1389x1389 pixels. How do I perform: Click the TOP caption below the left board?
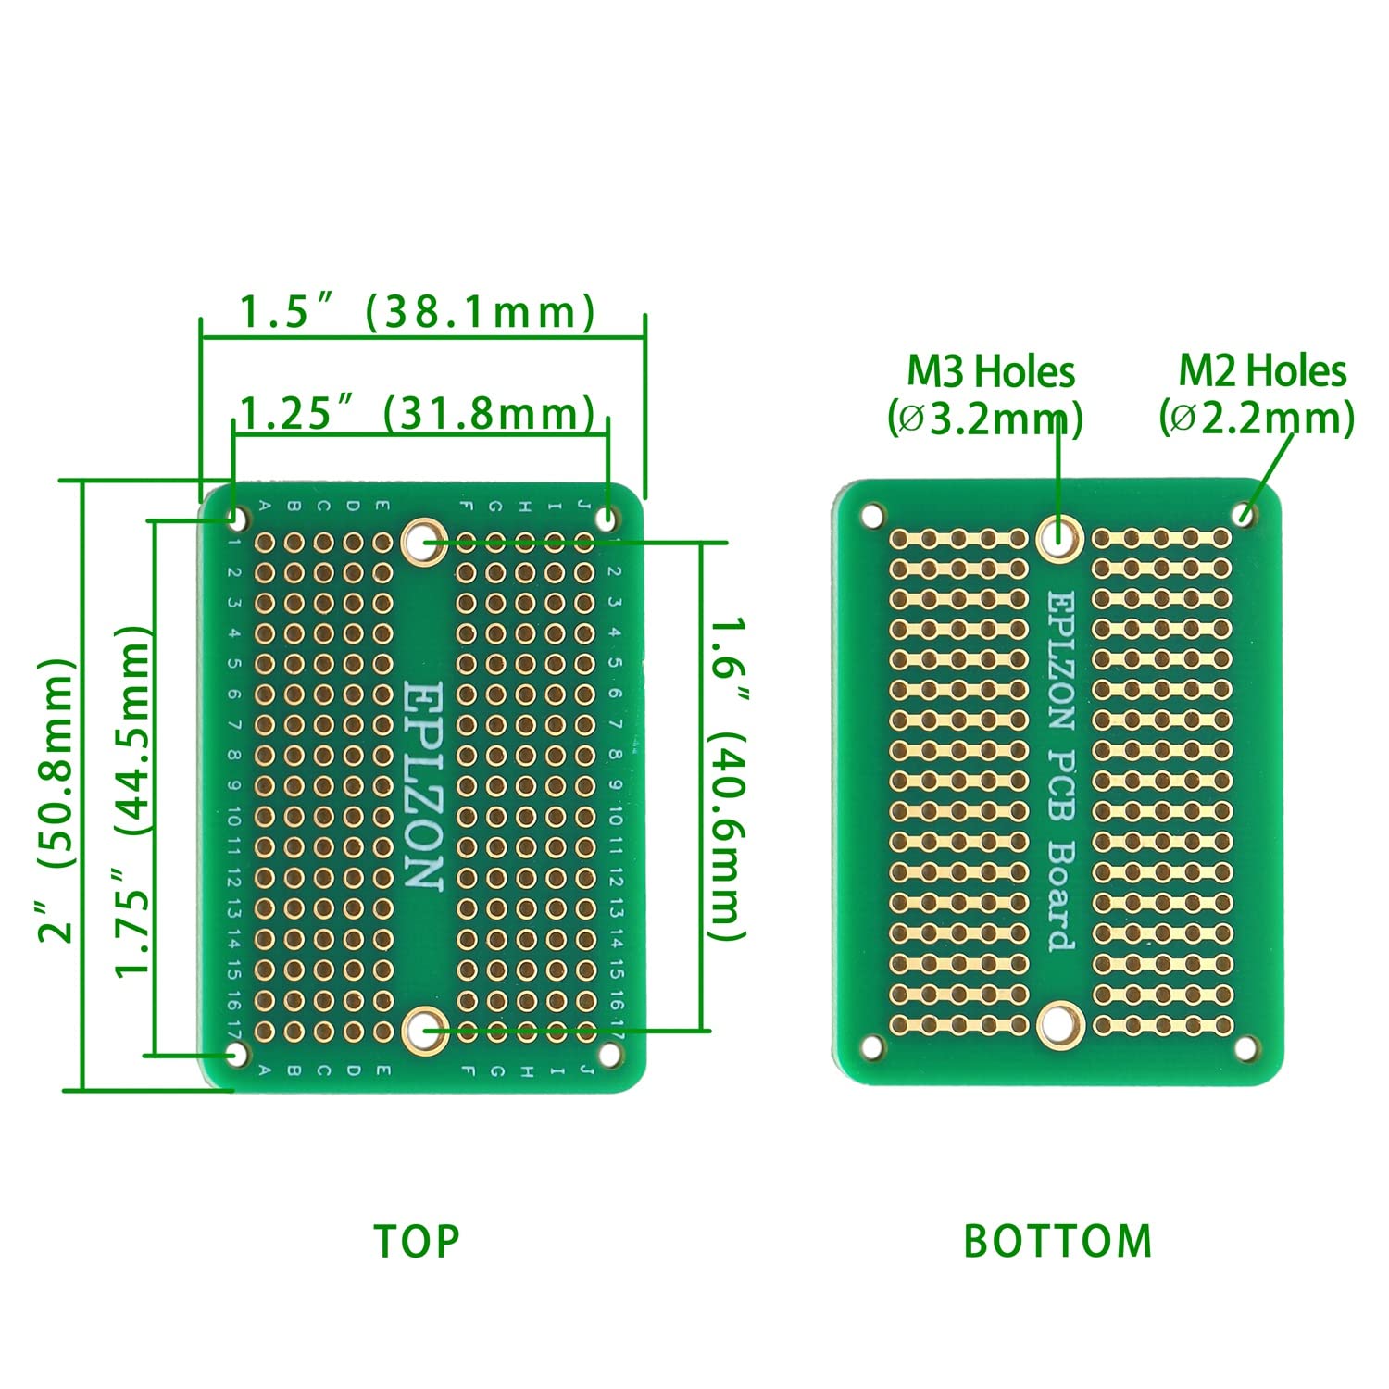pyautogui.click(x=417, y=1241)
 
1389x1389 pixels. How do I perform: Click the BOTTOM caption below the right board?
pyautogui.click(x=1057, y=1241)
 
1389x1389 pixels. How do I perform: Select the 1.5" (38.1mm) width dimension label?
pyautogui.click(x=417, y=312)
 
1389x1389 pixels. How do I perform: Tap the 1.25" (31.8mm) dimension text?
pyautogui.click(x=417, y=413)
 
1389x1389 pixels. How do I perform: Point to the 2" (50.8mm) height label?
pyautogui.click(x=56, y=801)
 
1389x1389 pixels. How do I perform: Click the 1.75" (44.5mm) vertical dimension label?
pyautogui.click(x=131, y=801)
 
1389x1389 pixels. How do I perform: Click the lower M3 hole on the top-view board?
pyautogui.click(x=425, y=1029)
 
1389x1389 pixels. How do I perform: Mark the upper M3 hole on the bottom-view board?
pyautogui.click(x=1059, y=535)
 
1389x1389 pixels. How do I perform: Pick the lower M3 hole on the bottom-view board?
pyautogui.click(x=1059, y=1024)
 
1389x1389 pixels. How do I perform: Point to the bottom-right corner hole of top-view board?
pyautogui.click(x=609, y=1054)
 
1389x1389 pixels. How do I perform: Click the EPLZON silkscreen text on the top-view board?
pyautogui.click(x=424, y=786)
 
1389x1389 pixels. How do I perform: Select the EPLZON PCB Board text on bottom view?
pyautogui.click(x=1061, y=770)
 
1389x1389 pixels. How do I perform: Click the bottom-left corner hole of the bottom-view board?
pyautogui.click(x=871, y=1046)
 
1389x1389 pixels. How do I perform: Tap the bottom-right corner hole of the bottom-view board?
pyautogui.click(x=1246, y=1048)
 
